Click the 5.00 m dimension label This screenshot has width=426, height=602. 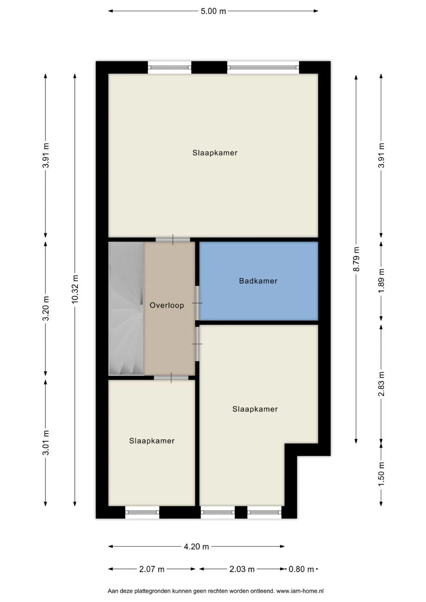213,11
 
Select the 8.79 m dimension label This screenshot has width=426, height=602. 356,259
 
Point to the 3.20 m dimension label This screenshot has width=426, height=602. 46,308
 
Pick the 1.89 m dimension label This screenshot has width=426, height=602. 381,281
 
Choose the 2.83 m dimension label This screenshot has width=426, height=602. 381,384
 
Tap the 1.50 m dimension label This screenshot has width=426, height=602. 381,474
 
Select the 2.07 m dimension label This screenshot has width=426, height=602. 151,569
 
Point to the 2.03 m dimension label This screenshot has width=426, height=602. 242,569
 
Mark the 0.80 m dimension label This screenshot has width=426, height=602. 301,569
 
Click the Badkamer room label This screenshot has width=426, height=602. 258,281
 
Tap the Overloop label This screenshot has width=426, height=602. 167,305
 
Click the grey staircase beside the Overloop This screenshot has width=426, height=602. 126,308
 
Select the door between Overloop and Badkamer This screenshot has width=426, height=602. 197,303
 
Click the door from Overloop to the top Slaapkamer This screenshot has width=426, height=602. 173,239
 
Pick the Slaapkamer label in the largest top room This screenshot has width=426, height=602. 215,153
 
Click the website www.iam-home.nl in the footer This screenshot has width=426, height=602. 300,591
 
